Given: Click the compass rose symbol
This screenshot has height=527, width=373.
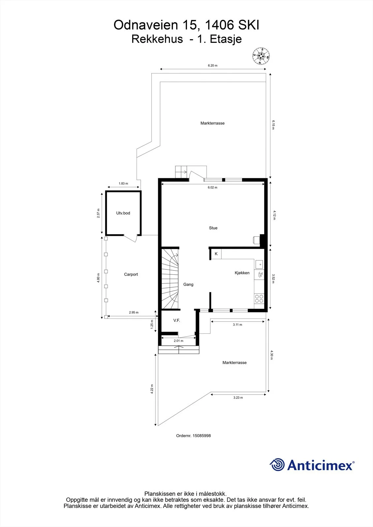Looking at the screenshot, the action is (261, 56).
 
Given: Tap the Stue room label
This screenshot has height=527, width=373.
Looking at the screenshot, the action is (213, 228).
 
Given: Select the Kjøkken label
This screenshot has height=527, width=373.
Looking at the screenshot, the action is (242, 273).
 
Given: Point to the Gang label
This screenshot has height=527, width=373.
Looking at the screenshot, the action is (188, 285).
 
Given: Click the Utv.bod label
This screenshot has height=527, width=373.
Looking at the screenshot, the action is (123, 213).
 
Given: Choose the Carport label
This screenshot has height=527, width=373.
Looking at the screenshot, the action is (131, 274).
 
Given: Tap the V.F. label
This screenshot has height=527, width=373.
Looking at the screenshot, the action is (176, 320).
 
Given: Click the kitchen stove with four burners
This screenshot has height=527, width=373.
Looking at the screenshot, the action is (259, 299).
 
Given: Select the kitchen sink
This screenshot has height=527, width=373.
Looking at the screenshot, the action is (259, 264).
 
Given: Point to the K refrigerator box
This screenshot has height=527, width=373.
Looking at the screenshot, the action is (216, 254).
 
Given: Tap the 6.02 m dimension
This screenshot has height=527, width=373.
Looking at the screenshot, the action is (212, 187).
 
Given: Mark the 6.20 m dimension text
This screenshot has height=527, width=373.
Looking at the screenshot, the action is (212, 66).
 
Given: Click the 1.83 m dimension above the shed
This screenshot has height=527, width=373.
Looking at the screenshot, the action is (123, 183).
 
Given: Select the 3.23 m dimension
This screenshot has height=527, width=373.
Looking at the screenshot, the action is (238, 398).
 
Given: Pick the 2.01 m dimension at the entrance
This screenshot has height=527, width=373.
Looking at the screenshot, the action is (178, 341).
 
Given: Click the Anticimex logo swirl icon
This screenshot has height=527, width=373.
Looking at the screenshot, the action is (277, 465).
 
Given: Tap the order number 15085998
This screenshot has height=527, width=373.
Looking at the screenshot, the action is (202, 435).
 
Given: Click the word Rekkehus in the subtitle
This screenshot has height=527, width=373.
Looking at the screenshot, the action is (157, 39).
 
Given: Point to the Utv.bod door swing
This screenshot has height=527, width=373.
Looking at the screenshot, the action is (131, 238).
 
